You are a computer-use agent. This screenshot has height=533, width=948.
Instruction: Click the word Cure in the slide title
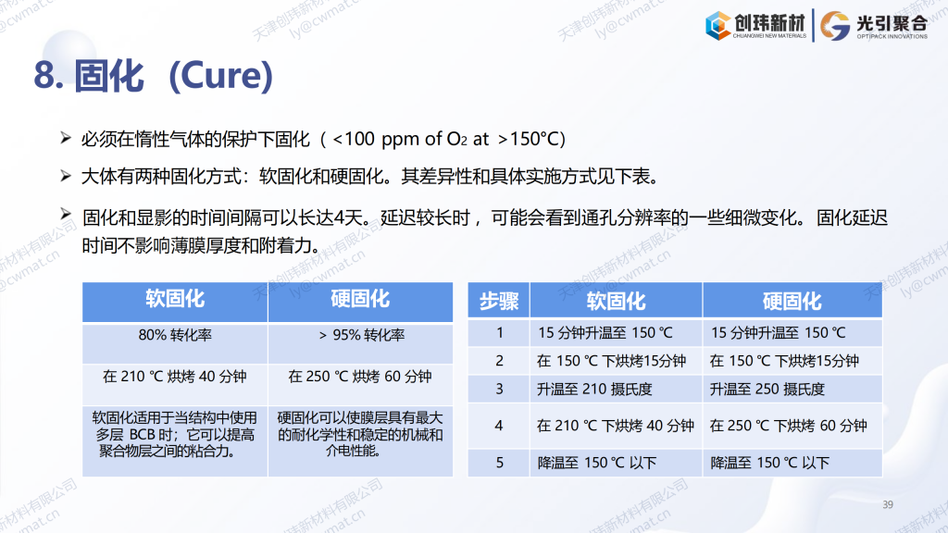point(219,76)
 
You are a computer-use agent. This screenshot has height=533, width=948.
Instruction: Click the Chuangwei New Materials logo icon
point(718,25)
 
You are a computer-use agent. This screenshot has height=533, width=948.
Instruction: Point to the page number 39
point(888,504)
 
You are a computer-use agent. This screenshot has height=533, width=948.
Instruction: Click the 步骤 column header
point(499,301)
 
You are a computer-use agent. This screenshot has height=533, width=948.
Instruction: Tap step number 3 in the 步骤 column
point(499,389)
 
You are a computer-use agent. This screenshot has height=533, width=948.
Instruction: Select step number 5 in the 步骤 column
point(499,463)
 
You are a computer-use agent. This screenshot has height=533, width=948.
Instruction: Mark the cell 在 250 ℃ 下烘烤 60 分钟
point(789,426)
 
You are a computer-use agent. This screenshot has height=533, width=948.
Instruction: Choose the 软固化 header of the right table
point(616,301)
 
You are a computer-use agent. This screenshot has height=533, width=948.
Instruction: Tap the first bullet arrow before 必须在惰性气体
point(66,139)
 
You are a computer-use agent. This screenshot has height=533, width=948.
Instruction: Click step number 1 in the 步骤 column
point(499,333)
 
